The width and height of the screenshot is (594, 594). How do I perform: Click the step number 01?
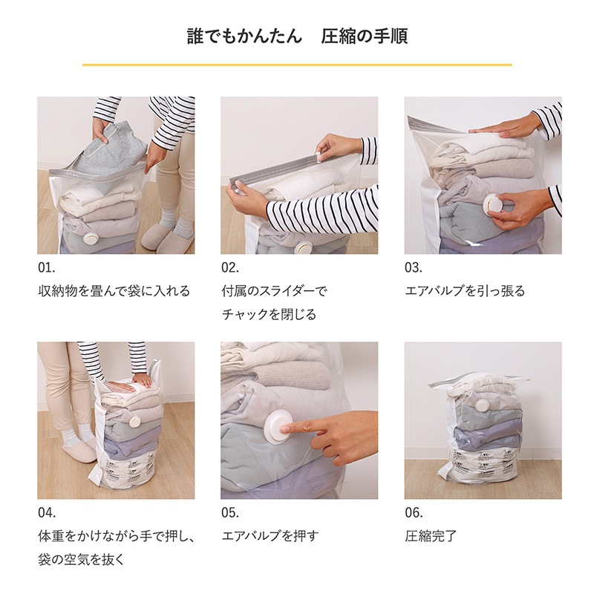(x=47, y=268)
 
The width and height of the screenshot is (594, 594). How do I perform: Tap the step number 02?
(x=230, y=268)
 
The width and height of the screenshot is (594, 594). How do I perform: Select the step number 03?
(x=414, y=268)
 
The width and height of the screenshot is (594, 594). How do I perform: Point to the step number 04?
(x=47, y=513)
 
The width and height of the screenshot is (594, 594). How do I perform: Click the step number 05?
(x=230, y=513)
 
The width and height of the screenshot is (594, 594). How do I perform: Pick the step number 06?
(x=414, y=513)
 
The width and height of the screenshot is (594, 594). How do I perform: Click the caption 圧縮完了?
(x=431, y=536)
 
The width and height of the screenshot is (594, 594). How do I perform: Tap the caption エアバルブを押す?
(x=270, y=536)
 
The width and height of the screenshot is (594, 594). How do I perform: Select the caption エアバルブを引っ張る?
(x=466, y=291)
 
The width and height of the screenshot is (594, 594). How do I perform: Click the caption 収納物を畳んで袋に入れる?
(x=114, y=291)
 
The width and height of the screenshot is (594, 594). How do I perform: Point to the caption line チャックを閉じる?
(x=269, y=314)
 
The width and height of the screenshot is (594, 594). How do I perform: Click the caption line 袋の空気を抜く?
(x=81, y=560)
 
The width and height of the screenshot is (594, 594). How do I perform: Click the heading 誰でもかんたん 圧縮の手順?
(x=298, y=36)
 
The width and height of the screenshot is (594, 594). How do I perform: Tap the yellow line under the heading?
(x=297, y=65)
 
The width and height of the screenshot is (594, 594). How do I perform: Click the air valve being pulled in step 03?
(x=492, y=204)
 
